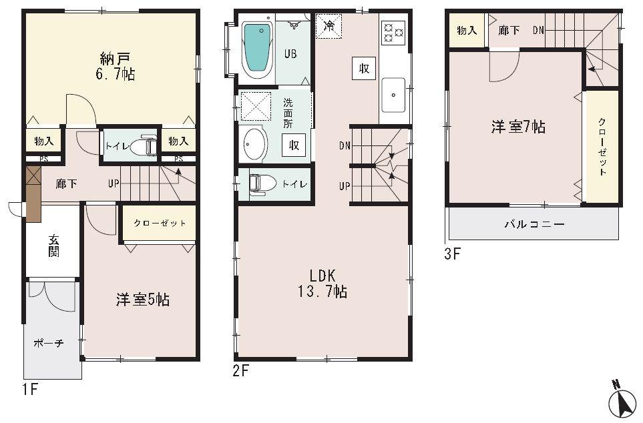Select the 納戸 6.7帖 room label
click(x=114, y=65)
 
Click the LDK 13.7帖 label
click(x=326, y=283)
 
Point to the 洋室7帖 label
click(x=518, y=127)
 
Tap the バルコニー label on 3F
click(x=533, y=224)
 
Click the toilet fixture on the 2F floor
click(x=259, y=183)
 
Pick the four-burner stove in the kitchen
click(x=393, y=31)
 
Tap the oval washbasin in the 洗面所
click(x=254, y=143)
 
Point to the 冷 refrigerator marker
click(x=329, y=27)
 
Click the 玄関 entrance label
click(x=53, y=246)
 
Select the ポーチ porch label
click(x=49, y=343)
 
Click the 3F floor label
click(x=453, y=254)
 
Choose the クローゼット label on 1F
click(x=159, y=224)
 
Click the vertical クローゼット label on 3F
click(x=602, y=147)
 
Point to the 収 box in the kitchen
click(x=364, y=68)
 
